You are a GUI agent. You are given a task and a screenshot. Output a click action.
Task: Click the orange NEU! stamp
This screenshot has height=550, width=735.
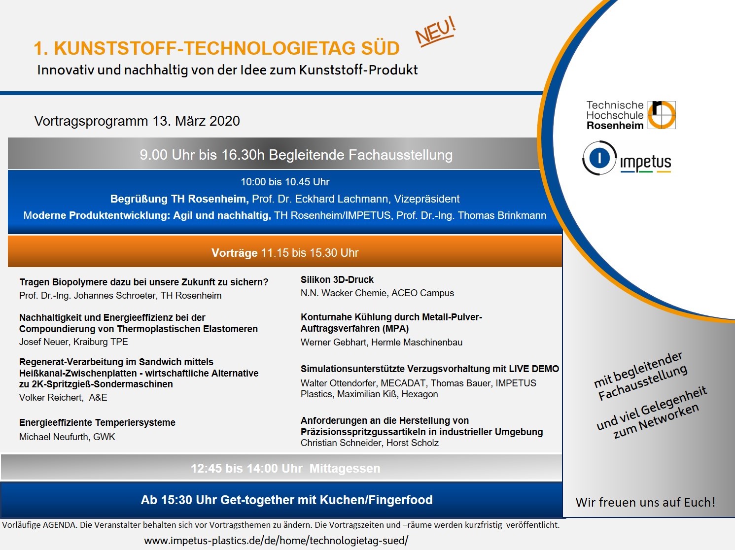(436, 32)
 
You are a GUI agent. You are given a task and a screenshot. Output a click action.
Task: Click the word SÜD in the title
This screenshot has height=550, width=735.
(381, 47)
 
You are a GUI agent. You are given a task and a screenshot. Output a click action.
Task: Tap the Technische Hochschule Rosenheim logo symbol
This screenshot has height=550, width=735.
(662, 115)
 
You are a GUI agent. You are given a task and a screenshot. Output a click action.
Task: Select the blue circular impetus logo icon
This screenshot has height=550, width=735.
(599, 158)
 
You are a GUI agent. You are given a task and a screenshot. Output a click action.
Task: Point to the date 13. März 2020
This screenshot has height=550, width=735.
(196, 121)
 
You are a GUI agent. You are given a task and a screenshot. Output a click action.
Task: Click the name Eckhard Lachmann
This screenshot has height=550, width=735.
(341, 199)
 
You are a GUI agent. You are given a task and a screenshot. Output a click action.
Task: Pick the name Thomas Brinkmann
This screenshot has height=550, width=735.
(502, 215)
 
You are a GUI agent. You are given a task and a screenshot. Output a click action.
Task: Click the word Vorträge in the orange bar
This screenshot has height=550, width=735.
(234, 253)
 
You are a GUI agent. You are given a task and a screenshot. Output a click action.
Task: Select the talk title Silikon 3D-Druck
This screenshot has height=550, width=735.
(337, 279)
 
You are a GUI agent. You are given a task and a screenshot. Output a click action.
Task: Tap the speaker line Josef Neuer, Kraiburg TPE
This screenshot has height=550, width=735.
(73, 342)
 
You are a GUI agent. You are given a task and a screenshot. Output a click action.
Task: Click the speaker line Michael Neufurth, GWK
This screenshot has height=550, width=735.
(67, 437)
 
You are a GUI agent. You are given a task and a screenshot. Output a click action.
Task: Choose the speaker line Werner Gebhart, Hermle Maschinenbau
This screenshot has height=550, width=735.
(382, 342)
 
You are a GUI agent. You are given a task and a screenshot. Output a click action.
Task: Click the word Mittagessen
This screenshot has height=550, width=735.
(345, 468)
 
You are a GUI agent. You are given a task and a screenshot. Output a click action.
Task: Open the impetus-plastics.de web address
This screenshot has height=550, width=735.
(276, 540)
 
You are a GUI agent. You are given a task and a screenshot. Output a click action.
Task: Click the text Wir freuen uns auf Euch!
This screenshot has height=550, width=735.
(645, 503)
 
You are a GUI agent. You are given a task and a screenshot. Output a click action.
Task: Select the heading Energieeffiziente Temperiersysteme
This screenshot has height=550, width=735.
(97, 422)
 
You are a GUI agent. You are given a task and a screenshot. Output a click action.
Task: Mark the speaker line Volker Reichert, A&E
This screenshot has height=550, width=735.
(63, 397)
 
